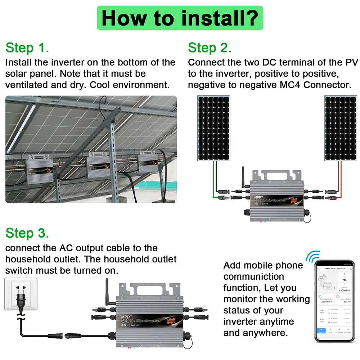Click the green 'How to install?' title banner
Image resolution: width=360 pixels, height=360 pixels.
point(180,18)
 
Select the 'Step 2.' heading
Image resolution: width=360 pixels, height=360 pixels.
point(210,48)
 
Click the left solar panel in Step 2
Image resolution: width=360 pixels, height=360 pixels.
point(213,128)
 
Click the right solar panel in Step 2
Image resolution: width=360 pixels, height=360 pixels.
point(340,128)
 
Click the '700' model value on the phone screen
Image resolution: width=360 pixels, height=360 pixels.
point(344,280)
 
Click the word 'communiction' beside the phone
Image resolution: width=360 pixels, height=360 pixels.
point(253,276)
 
